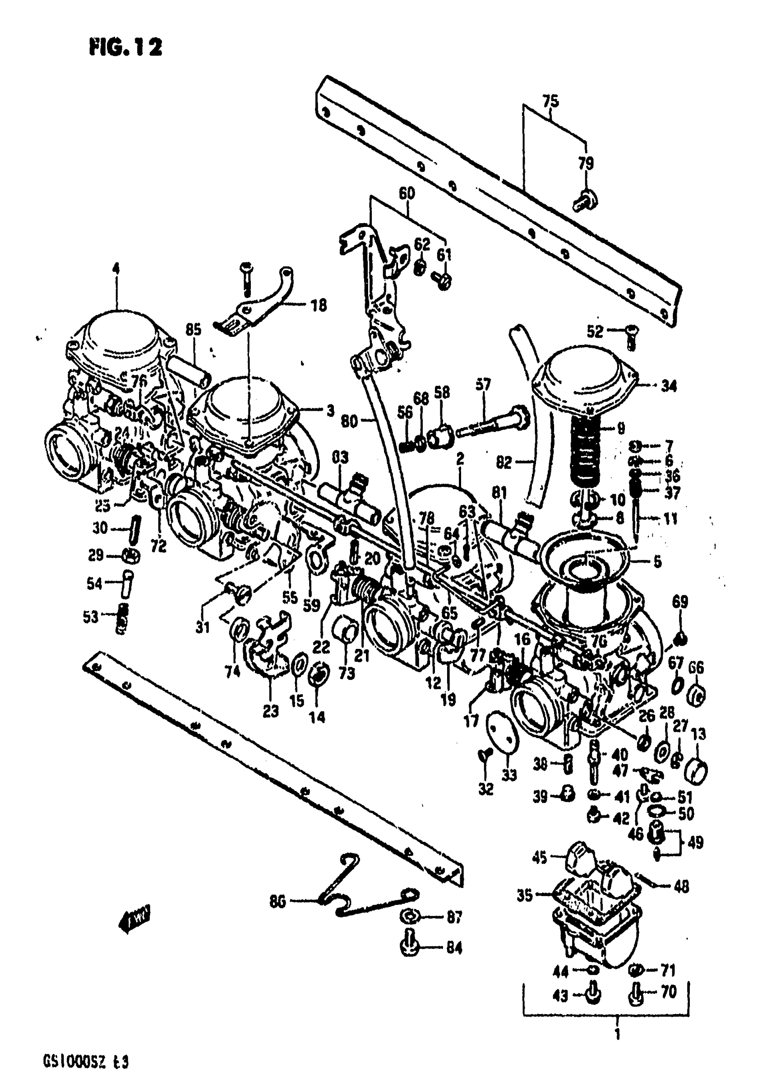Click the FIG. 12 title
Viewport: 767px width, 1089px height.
125,47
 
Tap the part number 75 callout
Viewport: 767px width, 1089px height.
550,101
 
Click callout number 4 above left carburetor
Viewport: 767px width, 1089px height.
116,269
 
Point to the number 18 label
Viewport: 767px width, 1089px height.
319,305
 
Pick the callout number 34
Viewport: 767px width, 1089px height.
670,386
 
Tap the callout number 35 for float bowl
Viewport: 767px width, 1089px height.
524,896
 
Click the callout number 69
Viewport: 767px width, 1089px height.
679,602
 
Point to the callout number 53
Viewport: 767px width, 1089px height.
90,616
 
